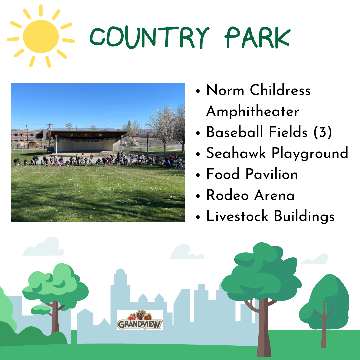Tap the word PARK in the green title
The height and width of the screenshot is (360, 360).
[258, 37]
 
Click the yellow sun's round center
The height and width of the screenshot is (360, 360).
[41, 37]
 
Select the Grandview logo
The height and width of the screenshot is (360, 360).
[140, 320]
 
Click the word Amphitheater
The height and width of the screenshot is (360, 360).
[253, 111]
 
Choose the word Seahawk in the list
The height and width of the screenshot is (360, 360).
[236, 153]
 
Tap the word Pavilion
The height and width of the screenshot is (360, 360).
[272, 174]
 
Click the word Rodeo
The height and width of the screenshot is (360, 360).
[227, 195]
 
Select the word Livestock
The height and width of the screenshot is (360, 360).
[237, 216]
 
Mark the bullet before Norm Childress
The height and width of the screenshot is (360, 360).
[198, 91]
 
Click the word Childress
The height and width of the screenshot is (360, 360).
[280, 90]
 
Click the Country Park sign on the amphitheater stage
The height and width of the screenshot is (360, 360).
[87, 141]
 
